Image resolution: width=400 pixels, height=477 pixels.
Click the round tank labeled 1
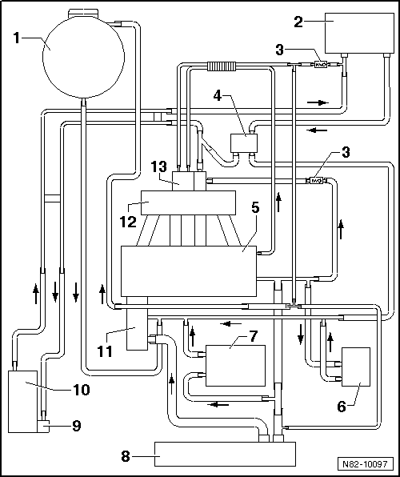(83, 57)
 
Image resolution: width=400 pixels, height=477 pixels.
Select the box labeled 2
(359, 33)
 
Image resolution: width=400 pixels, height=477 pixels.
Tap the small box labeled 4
(244, 143)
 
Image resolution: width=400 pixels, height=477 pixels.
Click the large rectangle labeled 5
(189, 271)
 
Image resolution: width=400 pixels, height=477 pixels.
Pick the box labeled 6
(356, 367)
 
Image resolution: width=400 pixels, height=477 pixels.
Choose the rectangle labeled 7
(235, 366)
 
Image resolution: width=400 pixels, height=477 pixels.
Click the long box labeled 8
(225, 454)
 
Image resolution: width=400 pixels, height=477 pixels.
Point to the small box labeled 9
(43, 426)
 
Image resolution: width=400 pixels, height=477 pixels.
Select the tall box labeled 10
(22, 401)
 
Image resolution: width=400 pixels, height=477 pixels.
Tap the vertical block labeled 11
(137, 323)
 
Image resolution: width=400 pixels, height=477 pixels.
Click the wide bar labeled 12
(188, 202)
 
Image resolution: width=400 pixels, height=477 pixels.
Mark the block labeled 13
(190, 181)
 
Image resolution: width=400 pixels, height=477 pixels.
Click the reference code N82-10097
(366, 464)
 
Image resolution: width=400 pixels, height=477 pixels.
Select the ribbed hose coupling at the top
(222, 66)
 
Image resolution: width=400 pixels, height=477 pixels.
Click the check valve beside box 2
(320, 65)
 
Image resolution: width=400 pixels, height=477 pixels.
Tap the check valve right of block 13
(316, 181)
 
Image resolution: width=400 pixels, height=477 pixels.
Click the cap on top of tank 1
(83, 13)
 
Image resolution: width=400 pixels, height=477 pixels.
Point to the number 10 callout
(82, 390)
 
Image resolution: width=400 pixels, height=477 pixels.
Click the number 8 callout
(126, 456)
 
